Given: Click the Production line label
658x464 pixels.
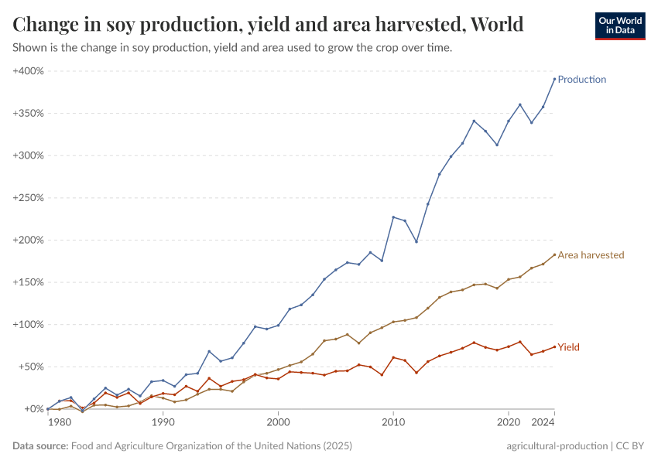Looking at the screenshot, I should [581, 80].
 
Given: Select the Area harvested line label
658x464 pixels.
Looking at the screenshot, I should [591, 255].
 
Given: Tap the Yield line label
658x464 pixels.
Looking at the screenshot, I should [568, 347].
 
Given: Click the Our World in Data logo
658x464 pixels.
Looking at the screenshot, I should [619, 26].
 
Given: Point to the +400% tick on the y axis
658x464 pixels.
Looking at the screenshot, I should [29, 71].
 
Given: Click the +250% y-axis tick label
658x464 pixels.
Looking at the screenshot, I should [29, 198].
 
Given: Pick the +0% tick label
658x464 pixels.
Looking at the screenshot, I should [33, 409].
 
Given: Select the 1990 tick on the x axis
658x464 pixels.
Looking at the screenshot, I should [163, 423].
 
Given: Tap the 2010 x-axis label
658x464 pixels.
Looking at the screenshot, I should [393, 423].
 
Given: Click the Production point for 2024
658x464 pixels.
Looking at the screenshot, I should [554, 79].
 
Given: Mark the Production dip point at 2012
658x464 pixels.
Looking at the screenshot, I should [416, 241].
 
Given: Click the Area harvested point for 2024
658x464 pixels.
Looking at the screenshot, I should [554, 254].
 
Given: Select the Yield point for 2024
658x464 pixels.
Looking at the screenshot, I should [554, 346].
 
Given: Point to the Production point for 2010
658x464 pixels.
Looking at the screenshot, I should [393, 217].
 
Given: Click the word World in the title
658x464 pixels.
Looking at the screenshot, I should [495, 25].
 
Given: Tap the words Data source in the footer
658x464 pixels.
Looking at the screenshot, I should [39, 446].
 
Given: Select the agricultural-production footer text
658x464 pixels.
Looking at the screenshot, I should [557, 446].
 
